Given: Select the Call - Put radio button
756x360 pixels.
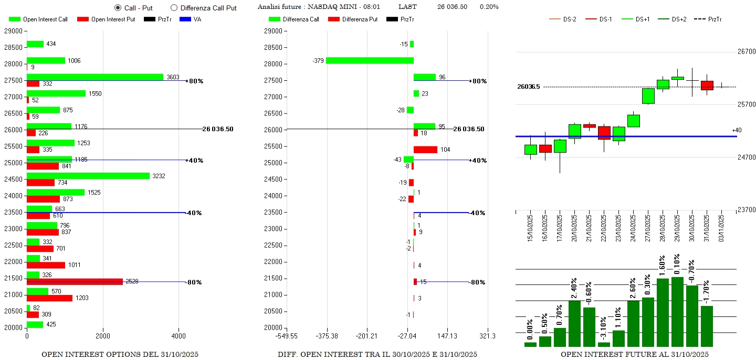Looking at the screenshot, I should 118,8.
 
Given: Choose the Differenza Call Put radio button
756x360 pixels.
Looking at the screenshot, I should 174,8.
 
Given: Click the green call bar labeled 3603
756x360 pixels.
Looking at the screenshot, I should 95,77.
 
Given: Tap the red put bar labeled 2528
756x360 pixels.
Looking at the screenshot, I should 75,282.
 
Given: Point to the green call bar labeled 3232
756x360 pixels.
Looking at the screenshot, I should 88,176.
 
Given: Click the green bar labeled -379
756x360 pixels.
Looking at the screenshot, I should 370,60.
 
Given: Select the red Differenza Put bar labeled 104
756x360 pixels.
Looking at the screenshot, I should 425,150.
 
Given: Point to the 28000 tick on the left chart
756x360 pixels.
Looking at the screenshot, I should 13,64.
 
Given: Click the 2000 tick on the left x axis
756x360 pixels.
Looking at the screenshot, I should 103,336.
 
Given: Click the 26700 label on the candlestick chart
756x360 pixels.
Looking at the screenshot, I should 746,51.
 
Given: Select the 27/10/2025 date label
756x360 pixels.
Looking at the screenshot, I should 648,227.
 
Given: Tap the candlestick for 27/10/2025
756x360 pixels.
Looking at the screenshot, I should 648,96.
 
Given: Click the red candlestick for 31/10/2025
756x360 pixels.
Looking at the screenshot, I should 707,86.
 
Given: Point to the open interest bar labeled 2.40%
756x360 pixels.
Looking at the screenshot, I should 575,323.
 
